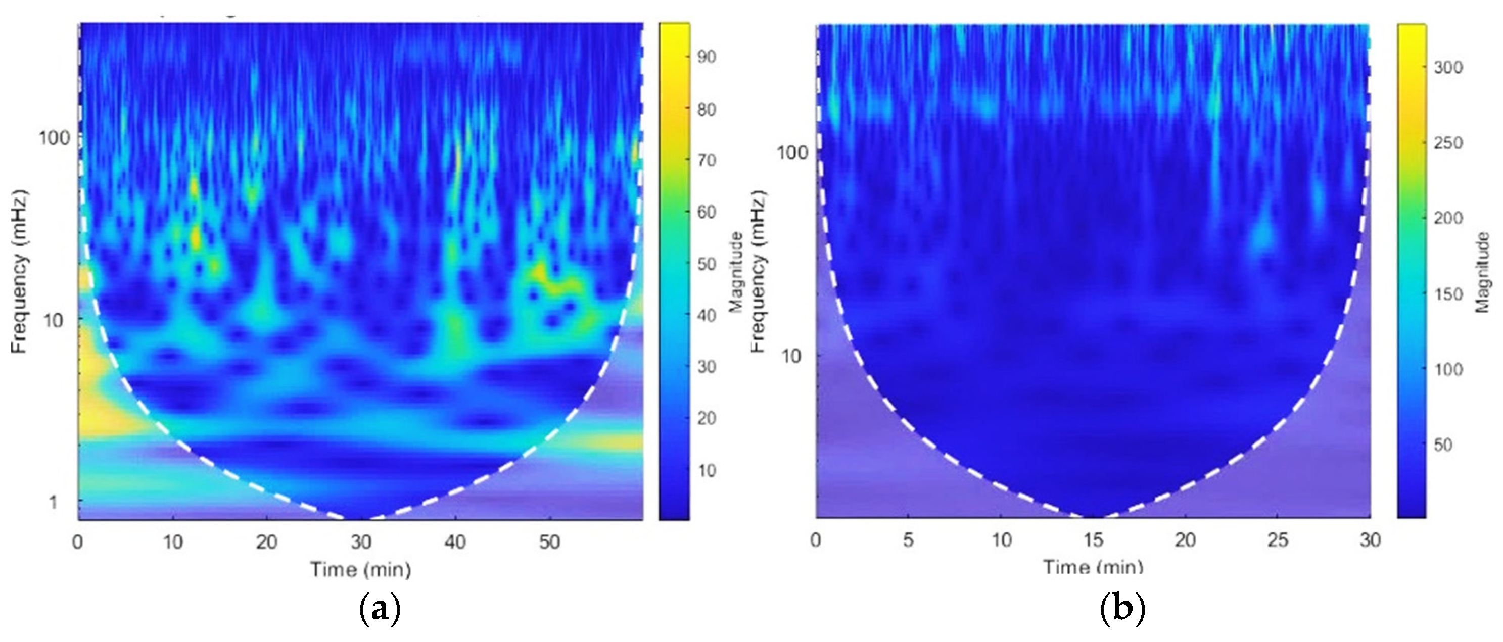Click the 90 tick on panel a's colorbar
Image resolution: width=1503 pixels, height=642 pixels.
pos(706,57)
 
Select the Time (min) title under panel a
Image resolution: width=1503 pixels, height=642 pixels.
pos(360,569)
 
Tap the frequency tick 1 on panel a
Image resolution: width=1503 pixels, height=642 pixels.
pos(53,502)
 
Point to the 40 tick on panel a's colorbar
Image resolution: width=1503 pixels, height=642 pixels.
pos(706,316)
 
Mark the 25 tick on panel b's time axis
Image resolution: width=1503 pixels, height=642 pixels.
pos(1277,540)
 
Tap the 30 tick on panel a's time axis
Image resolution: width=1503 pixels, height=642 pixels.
pos(360,542)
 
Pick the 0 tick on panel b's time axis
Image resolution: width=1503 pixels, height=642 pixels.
pos(816,540)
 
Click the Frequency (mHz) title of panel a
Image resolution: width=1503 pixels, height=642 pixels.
pos(20,271)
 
